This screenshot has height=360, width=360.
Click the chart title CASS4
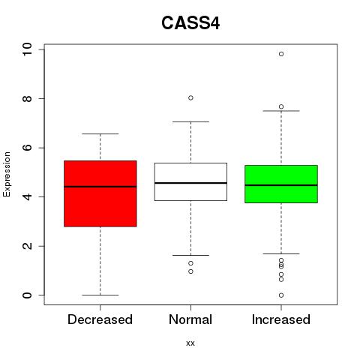[x=190, y=23]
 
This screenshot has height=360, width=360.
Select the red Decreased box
[x=100, y=193]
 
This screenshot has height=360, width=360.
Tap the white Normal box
[x=190, y=181]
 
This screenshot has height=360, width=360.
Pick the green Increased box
[x=281, y=184]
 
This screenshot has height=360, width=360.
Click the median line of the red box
[x=100, y=187]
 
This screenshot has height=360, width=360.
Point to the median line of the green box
[x=281, y=185]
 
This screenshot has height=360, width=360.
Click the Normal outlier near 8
[x=190, y=97]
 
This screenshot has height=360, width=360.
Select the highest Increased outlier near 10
[x=281, y=54]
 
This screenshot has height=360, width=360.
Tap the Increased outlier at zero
[x=281, y=295]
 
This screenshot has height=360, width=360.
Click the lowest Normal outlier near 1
[x=190, y=271]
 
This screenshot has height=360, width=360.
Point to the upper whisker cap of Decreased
[x=100, y=133]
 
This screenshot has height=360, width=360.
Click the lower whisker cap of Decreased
[x=100, y=295]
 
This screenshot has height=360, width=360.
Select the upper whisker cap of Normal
[x=190, y=121]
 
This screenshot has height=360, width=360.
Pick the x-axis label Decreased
[x=100, y=319]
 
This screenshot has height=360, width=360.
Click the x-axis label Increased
[x=281, y=319]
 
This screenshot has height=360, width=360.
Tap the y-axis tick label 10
[x=27, y=49]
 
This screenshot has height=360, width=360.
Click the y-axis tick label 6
[x=27, y=148]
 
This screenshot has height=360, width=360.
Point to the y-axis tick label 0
[x=27, y=295]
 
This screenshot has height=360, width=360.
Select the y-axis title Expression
[x=7, y=174]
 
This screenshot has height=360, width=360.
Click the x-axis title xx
[x=190, y=343]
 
